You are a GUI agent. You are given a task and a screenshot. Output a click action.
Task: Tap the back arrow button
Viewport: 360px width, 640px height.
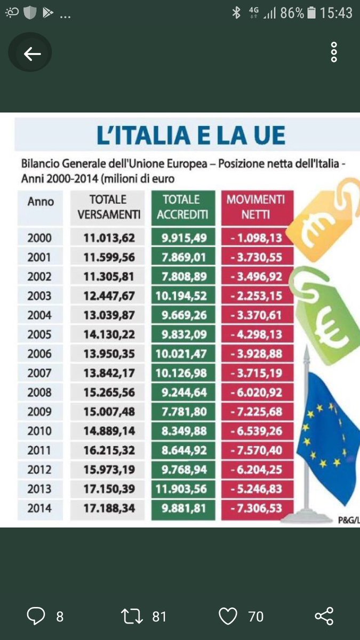tap(32, 54)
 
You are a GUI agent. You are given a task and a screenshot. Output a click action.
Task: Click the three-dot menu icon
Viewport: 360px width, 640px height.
tap(334, 52)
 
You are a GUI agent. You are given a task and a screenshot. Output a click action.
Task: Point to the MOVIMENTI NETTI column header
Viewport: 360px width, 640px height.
tap(256, 207)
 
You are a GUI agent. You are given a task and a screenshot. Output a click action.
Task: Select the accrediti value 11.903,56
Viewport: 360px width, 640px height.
tap(183, 489)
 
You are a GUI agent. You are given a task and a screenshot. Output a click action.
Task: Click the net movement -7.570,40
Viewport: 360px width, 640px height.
tap(257, 450)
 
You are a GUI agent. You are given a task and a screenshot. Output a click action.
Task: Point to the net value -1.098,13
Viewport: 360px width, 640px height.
tap(257, 238)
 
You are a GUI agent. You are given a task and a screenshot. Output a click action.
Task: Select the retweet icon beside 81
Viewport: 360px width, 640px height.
tap(133, 617)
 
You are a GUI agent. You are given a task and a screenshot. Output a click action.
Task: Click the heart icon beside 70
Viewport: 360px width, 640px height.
tap(228, 617)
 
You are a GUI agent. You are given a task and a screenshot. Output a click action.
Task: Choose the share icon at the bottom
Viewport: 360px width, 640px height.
tap(324, 617)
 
